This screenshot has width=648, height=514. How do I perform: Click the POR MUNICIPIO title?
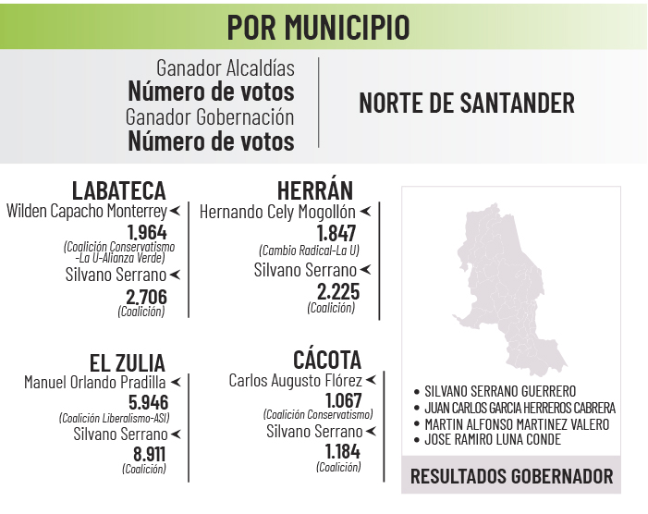tap(318, 27)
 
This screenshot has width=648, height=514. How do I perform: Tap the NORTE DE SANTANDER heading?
tap(466, 103)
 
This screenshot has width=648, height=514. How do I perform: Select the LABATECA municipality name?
tap(118, 190)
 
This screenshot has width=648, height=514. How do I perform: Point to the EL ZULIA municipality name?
tap(128, 362)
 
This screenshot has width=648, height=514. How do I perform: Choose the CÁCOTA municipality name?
tap(326, 360)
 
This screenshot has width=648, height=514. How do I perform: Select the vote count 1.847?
tap(336, 233)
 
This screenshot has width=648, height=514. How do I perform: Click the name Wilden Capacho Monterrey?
tap(86, 212)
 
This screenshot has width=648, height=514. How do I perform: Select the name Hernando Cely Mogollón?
tap(277, 212)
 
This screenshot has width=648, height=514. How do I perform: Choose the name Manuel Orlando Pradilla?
tap(94, 382)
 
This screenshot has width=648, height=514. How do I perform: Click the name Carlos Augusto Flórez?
tap(295, 380)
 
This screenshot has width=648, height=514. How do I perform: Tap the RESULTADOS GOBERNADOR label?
tap(511, 477)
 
